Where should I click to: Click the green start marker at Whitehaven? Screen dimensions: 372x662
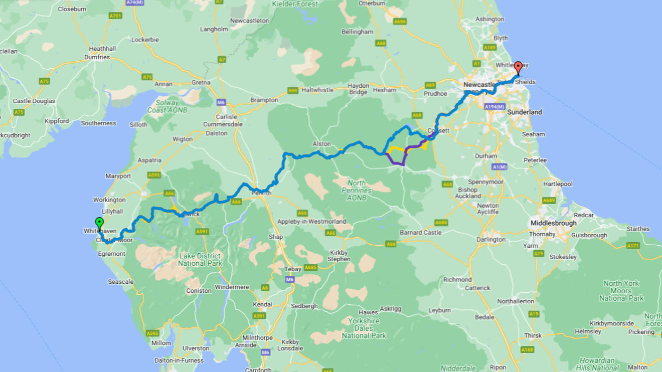click(99, 223)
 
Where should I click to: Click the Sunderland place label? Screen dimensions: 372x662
click(525, 112)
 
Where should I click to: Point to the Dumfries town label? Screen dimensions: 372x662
click(97, 57)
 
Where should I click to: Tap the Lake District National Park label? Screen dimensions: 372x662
click(200, 260)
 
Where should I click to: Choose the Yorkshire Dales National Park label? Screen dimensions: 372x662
click(364, 328)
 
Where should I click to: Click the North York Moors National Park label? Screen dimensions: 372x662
click(621, 291)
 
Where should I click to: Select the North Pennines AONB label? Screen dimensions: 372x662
click(357, 190)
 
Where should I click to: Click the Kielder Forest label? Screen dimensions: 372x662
click(294, 4)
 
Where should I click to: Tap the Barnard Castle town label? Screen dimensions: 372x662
click(420, 233)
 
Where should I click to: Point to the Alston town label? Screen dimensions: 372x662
click(321, 144)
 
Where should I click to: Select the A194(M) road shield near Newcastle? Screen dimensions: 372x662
click(494, 107)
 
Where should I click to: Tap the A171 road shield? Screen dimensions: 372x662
click(633, 246)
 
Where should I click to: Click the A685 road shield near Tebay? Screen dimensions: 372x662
click(310, 268)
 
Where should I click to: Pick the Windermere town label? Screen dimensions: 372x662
click(232, 287)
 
